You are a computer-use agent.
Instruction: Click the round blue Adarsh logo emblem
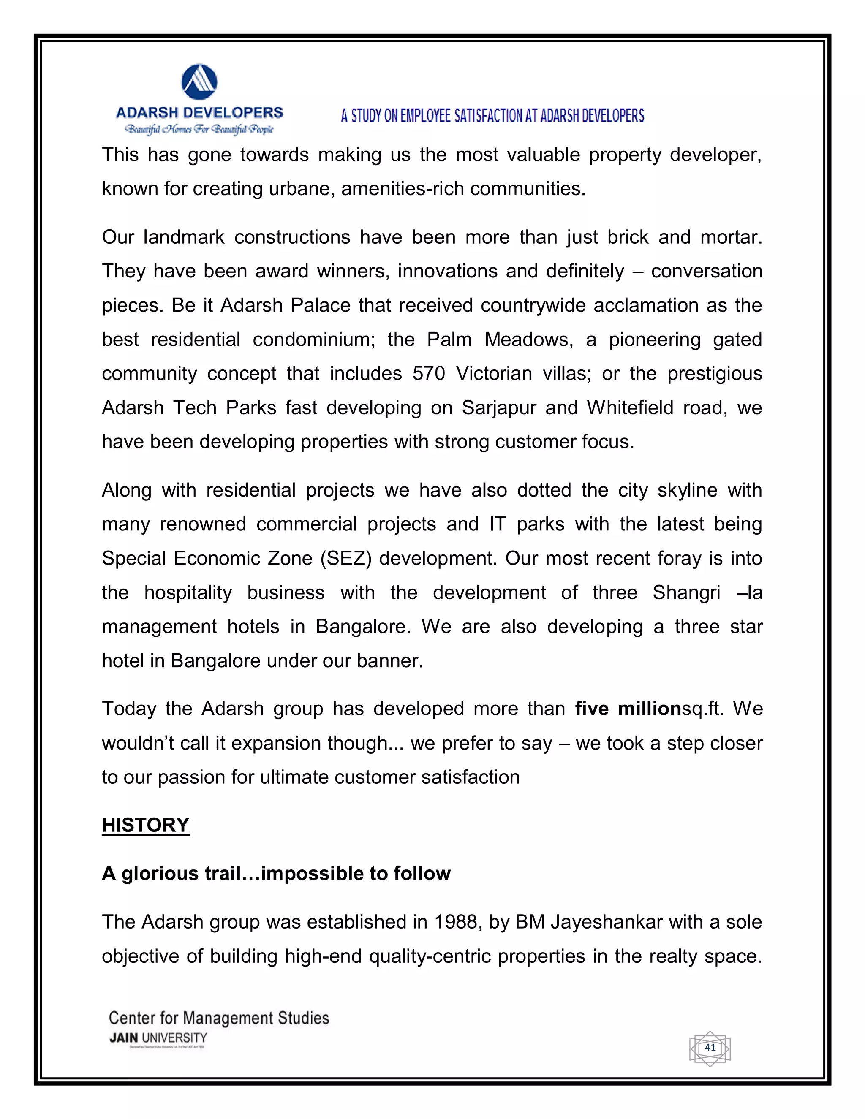pos(199,82)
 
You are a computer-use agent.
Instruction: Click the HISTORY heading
pos(146,826)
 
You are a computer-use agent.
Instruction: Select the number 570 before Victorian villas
pos(429,374)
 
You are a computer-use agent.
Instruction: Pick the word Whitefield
pos(630,408)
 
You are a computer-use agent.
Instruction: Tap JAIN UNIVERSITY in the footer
pos(158,1038)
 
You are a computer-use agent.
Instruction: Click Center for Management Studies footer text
pos(219,1018)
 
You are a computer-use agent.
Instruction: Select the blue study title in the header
pos(492,116)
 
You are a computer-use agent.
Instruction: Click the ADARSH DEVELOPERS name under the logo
pos(199,113)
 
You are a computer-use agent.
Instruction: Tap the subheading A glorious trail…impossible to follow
pos(276,874)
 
